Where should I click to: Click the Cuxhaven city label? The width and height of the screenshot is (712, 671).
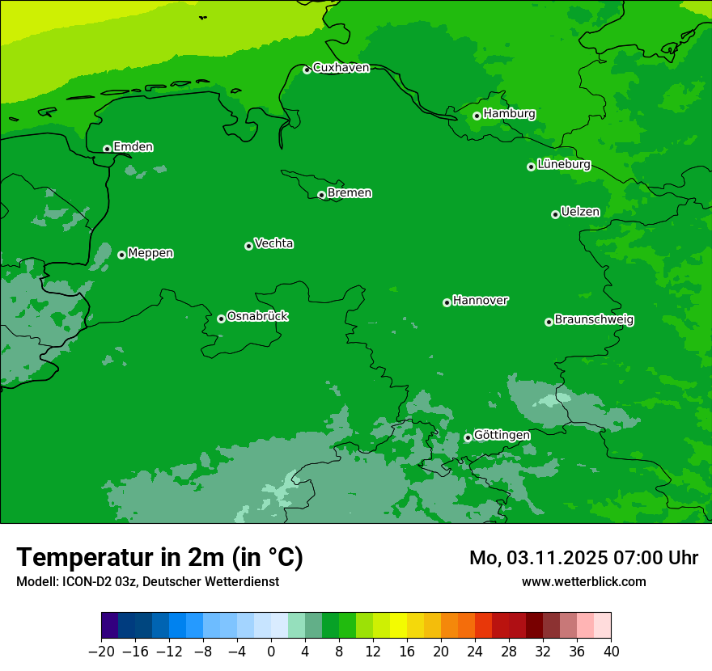pyautogui.click(x=341, y=68)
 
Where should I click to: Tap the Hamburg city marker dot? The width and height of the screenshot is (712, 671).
pyautogui.click(x=477, y=116)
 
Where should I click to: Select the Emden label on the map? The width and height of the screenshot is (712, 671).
pyautogui.click(x=133, y=147)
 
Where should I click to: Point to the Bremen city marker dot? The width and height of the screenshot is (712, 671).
pyautogui.click(x=321, y=195)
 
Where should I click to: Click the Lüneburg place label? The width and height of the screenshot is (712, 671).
pyautogui.click(x=563, y=164)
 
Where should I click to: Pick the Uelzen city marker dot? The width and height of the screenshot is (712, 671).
pyautogui.click(x=555, y=214)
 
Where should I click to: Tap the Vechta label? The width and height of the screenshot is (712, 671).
pyautogui.click(x=273, y=243)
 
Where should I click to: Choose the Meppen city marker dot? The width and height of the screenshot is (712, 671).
pyautogui.click(x=121, y=255)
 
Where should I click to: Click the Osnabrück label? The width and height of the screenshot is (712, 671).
pyautogui.click(x=257, y=316)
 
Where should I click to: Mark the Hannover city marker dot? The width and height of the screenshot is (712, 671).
pyautogui.click(x=447, y=302)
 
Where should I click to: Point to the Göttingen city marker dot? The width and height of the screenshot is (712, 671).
pyautogui.click(x=468, y=437)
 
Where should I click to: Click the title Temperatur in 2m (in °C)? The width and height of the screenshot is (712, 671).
pyautogui.click(x=159, y=558)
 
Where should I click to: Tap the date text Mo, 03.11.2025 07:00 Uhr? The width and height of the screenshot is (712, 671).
pyautogui.click(x=583, y=558)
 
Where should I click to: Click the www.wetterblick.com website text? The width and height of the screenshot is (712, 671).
pyautogui.click(x=583, y=581)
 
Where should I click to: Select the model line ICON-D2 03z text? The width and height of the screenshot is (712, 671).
pyautogui.click(x=147, y=581)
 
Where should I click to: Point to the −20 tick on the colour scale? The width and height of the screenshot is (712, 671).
pyautogui.click(x=101, y=652)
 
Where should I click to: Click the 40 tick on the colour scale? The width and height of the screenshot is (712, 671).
pyautogui.click(x=611, y=652)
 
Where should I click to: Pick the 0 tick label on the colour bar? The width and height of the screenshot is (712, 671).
pyautogui.click(x=271, y=652)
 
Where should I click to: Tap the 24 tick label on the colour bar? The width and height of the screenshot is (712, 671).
pyautogui.click(x=475, y=652)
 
